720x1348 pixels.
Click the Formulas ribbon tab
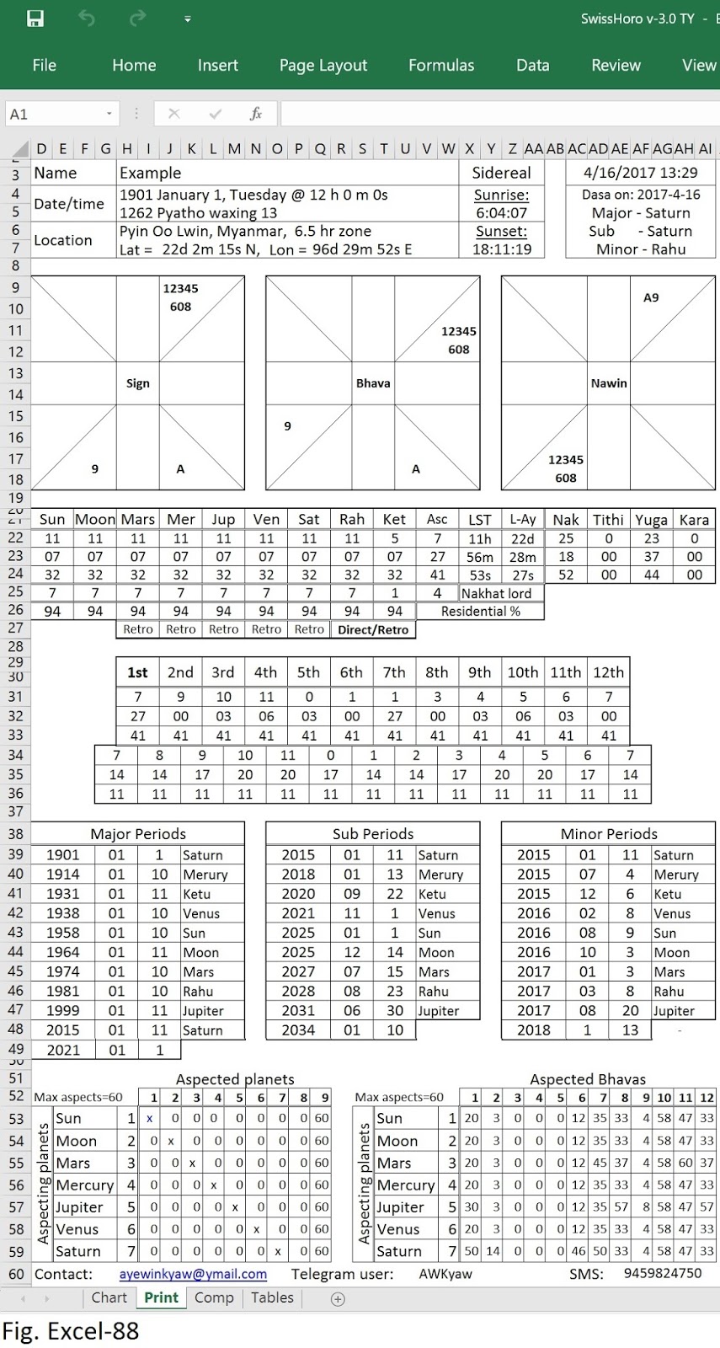441,66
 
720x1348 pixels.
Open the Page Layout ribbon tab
323,66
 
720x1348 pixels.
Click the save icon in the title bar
35,19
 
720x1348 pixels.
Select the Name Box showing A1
59,114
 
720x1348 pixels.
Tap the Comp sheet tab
214,1297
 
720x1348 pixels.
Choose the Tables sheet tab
272,1297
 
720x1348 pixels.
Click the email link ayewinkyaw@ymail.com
193,1274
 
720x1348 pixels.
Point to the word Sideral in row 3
501,173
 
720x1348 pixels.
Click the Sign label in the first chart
137,383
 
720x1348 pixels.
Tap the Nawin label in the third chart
608,383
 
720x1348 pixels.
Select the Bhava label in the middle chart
373,383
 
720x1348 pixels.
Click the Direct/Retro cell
373,629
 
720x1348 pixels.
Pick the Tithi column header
608,520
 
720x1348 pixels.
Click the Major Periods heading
138,834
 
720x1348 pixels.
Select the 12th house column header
608,672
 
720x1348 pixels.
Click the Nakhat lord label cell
496,593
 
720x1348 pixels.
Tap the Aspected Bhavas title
587,1079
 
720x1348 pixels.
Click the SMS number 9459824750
663,1273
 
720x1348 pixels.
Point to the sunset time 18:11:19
502,249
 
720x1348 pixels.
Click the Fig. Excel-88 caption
71,1331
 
